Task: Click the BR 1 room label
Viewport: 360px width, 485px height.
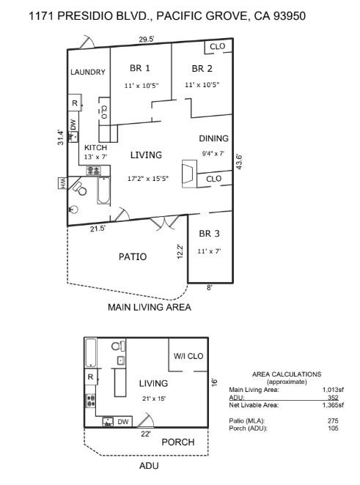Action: pyautogui.click(x=139, y=69)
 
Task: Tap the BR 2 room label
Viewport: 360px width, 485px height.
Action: pyautogui.click(x=202, y=69)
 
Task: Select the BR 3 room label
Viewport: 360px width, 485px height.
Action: pyautogui.click(x=209, y=234)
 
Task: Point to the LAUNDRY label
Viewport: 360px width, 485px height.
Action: pyautogui.click(x=88, y=73)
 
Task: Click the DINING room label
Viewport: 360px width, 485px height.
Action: pyautogui.click(x=213, y=138)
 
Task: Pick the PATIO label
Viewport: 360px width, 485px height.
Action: pyautogui.click(x=133, y=257)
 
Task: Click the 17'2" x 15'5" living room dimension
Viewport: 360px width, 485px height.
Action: pyautogui.click(x=148, y=178)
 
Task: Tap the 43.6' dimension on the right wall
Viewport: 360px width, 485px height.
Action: pyautogui.click(x=238, y=161)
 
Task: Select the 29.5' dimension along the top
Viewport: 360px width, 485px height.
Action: pyautogui.click(x=147, y=40)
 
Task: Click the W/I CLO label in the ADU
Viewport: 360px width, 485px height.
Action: pyautogui.click(x=188, y=356)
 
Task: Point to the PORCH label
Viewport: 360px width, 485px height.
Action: pyautogui.click(x=177, y=442)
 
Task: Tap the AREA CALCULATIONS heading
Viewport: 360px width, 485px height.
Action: pyautogui.click(x=286, y=374)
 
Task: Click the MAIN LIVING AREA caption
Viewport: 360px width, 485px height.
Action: pyautogui.click(x=149, y=308)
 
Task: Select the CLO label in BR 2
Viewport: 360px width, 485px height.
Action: pyautogui.click(x=217, y=47)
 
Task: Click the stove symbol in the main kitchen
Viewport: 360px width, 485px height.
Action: pyautogui.click(x=94, y=171)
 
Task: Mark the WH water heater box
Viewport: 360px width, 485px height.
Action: pyautogui.click(x=63, y=182)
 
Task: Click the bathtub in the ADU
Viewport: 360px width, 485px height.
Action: pyautogui.click(x=91, y=353)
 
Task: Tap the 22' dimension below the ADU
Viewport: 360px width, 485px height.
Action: pyautogui.click(x=145, y=434)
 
